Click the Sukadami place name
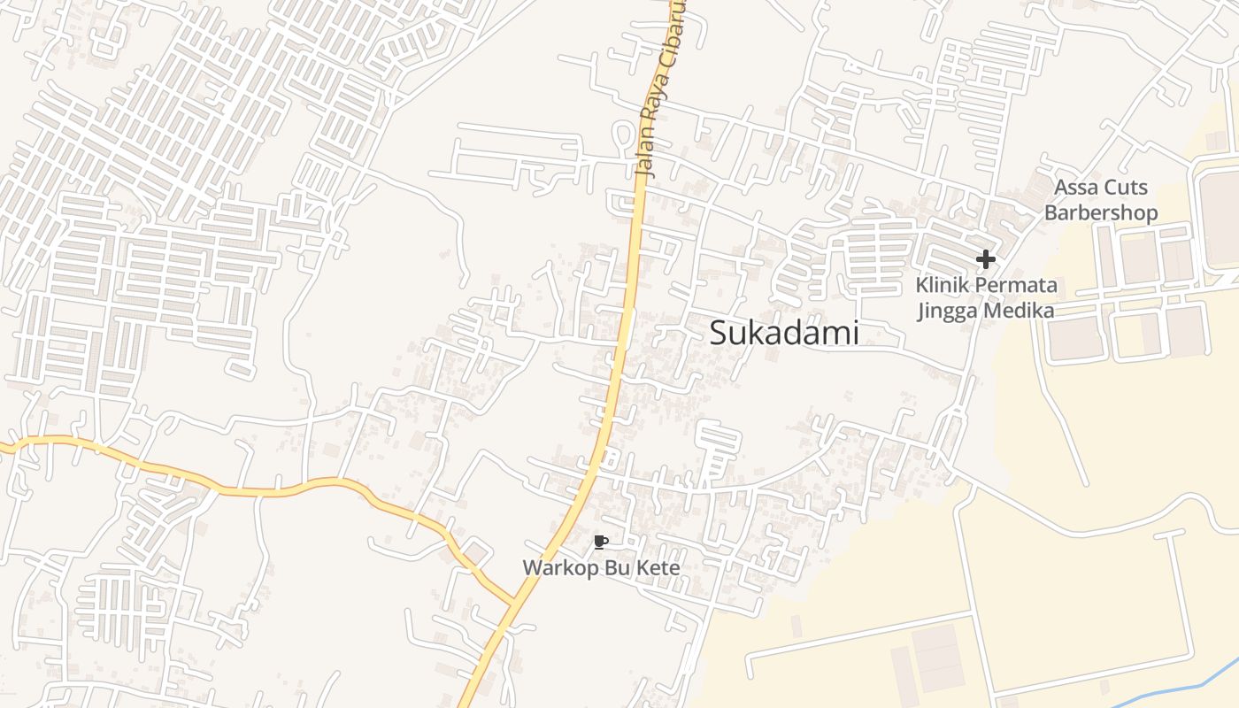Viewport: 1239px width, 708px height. point(784,333)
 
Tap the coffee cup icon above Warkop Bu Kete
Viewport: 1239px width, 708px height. point(601,543)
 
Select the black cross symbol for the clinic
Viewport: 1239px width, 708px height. point(986,259)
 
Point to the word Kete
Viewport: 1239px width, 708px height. point(657,567)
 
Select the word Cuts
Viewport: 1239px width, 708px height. point(1126,188)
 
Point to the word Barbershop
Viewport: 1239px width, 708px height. point(1101,212)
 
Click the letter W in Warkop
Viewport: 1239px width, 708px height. point(530,567)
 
